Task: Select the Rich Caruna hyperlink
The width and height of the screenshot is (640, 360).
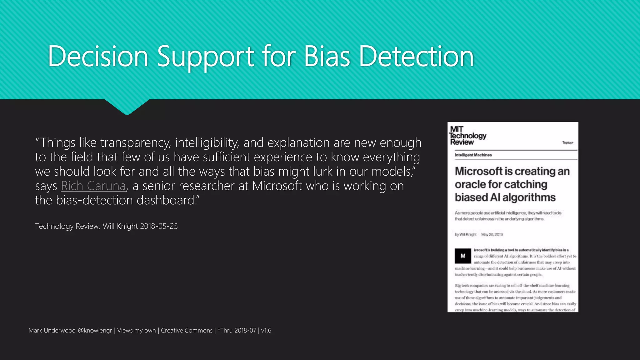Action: pyautogui.click(x=93, y=186)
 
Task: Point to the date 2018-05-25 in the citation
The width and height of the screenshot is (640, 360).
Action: pyautogui.click(x=159, y=226)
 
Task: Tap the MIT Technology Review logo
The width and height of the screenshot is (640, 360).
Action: pyautogui.click(x=467, y=136)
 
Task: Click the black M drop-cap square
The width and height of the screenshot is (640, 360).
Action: pyautogui.click(x=463, y=256)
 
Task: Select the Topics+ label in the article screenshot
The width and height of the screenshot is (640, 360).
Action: pyautogui.click(x=567, y=143)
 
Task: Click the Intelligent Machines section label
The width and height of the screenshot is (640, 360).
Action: pyautogui.click(x=473, y=155)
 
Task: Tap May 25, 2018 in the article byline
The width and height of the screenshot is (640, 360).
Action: pyautogui.click(x=492, y=234)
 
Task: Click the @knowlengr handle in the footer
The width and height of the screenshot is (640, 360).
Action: pyautogui.click(x=95, y=331)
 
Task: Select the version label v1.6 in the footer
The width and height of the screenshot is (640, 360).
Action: pyautogui.click(x=266, y=331)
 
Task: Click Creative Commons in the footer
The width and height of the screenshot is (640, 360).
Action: pyautogui.click(x=187, y=331)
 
